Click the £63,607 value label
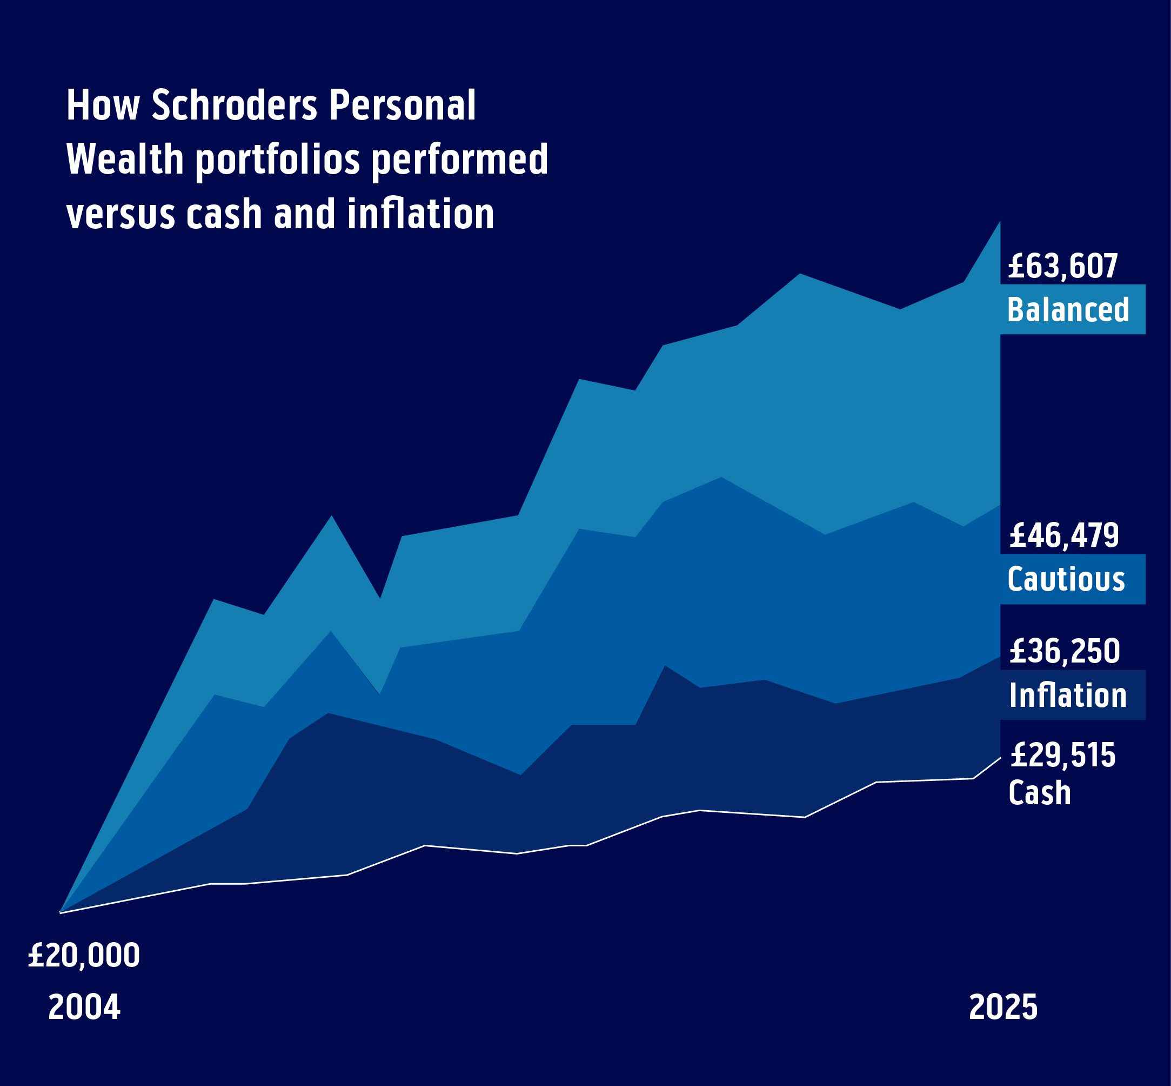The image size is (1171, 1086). click(1062, 266)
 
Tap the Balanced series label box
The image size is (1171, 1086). click(1072, 310)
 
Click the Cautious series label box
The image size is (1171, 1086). click(1072, 579)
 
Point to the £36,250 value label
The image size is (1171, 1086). click(1064, 652)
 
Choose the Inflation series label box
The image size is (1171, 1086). click(1072, 695)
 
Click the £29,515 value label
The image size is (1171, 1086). click(1062, 756)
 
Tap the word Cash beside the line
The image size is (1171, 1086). click(1040, 793)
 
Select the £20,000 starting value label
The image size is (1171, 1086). click(84, 956)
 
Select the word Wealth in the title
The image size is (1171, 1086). click(125, 160)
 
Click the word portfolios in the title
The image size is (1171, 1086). click(277, 161)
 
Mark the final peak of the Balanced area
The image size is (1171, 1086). click(1000, 223)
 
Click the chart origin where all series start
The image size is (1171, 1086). click(61, 912)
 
